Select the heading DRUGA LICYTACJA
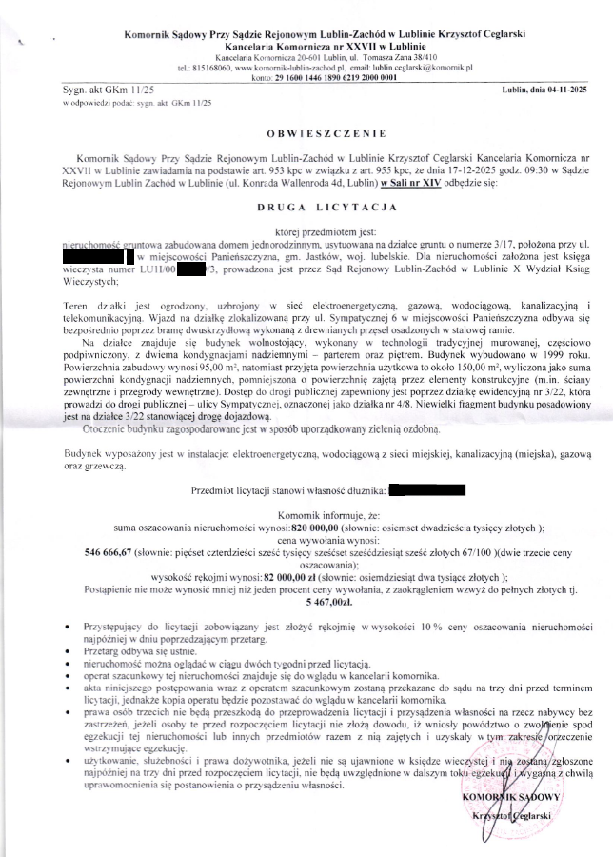point(306,205)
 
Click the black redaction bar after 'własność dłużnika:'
point(427,489)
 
